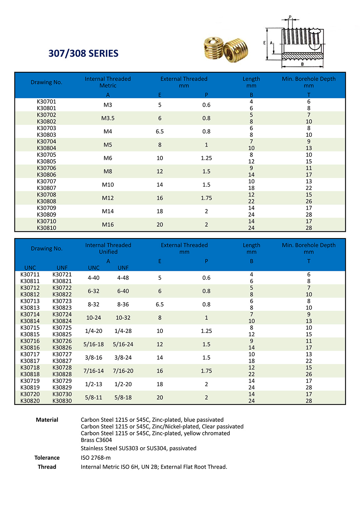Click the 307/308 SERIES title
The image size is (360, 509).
coord(83,54)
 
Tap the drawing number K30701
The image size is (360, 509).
coord(46,102)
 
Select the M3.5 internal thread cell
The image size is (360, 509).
coord(108,118)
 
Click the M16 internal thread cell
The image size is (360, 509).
coord(108,225)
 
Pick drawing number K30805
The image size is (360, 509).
coord(46,162)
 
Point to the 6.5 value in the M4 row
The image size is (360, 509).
coord(160,131)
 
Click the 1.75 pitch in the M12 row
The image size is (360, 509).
coord(206,198)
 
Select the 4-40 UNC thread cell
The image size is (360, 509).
coord(93,278)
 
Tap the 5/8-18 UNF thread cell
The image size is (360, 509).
coord(123,398)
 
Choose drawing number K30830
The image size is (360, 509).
coord(62,401)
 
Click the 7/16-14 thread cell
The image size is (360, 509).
coord(93,371)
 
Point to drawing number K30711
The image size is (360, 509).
coord(30,274)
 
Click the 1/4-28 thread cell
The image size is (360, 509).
coord(123,331)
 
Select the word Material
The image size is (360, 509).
coord(47,420)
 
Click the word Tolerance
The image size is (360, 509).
coord(47,458)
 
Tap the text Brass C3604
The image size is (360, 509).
coord(96,440)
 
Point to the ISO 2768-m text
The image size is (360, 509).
coord(96,458)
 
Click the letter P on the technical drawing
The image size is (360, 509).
coord(290,17)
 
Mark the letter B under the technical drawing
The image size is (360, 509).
coord(302,64)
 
